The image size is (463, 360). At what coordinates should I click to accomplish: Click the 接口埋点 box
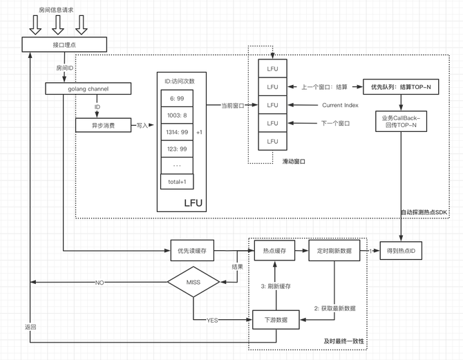click(64, 45)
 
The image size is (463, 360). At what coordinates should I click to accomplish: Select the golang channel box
click(88, 88)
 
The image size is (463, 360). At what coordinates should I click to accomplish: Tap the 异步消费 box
click(104, 125)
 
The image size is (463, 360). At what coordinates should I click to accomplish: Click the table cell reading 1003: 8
click(177, 115)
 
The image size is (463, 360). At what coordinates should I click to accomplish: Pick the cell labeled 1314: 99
click(177, 132)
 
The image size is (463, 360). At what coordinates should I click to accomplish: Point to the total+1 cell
click(177, 182)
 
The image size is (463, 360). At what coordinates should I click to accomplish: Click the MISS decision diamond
click(193, 282)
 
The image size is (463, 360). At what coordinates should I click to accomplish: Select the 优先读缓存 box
click(192, 251)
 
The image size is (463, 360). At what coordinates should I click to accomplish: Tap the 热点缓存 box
click(274, 251)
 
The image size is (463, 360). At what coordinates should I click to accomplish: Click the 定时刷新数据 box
click(334, 251)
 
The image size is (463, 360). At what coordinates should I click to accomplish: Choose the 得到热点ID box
click(401, 251)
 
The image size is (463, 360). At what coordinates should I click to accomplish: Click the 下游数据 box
click(276, 320)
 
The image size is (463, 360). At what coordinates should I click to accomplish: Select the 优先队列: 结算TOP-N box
click(401, 87)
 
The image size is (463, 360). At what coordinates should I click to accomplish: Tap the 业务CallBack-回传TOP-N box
click(401, 122)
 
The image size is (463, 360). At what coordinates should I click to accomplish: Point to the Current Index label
click(340, 105)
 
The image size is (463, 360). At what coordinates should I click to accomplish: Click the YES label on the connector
click(212, 320)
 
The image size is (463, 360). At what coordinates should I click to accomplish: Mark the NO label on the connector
click(100, 283)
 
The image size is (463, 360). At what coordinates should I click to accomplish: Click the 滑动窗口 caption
click(294, 162)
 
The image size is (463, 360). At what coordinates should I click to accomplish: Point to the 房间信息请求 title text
click(56, 10)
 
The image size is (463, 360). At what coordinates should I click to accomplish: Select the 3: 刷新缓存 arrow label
click(276, 286)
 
